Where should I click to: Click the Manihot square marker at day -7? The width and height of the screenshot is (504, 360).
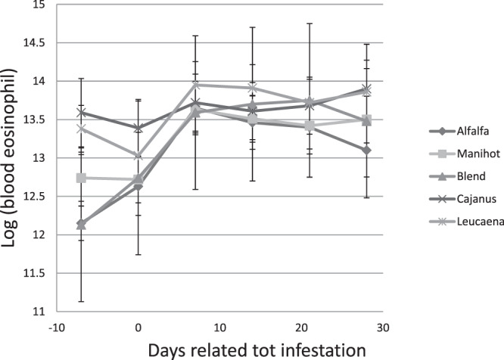coord(81,178)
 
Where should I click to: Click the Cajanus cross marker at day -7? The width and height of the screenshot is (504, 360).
coord(81,113)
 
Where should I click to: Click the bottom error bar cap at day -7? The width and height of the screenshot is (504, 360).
coord(81,302)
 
